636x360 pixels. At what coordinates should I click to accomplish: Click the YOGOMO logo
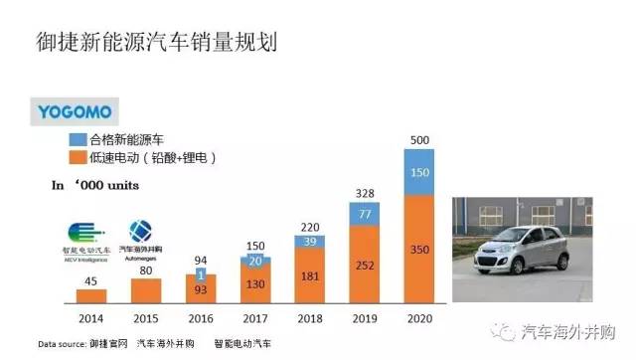tap(75, 110)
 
